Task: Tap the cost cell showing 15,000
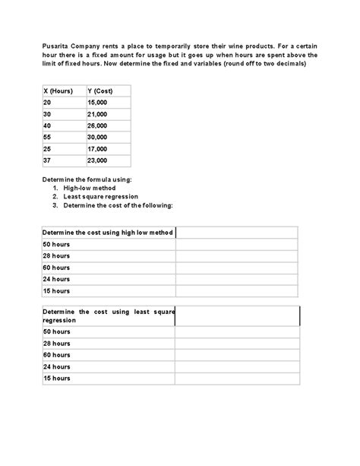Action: (x=98, y=103)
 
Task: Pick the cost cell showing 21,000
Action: (x=98, y=114)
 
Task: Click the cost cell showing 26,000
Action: (x=98, y=125)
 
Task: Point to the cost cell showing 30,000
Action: (x=98, y=138)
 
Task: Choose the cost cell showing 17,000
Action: (x=98, y=149)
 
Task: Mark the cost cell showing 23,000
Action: (x=98, y=160)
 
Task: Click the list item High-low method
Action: (x=91, y=187)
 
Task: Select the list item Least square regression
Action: (x=100, y=196)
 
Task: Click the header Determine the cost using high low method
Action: (x=107, y=232)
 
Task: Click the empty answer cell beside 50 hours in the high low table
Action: (x=237, y=244)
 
